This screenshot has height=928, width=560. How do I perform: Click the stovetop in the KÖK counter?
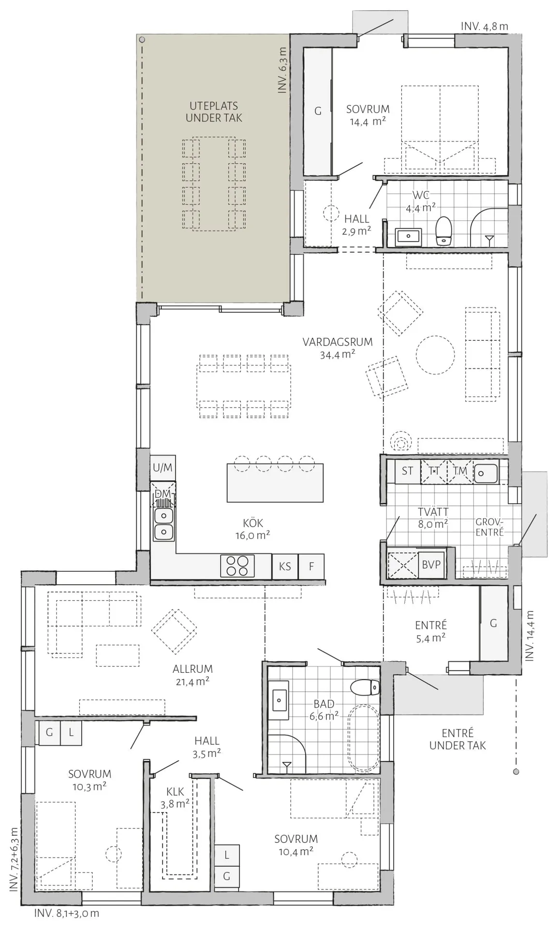237,565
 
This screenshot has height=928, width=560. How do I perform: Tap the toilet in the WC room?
443,231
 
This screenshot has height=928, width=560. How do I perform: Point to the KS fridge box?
285,566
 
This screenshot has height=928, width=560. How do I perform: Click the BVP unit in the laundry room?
431,564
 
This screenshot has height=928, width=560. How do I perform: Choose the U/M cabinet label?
162,467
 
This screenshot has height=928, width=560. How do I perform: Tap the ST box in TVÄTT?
407,471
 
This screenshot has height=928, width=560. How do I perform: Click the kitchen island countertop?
275,482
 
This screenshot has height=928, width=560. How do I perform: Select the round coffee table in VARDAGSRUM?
435,355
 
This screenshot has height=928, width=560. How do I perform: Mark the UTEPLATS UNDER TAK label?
214,112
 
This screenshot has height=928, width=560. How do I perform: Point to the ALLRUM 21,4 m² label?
192,675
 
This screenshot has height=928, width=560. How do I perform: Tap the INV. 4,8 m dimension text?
484,27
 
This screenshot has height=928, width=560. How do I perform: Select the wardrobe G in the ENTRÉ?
493,623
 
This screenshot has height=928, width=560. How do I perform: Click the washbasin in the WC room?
409,236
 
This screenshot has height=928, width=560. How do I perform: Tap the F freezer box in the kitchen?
311,566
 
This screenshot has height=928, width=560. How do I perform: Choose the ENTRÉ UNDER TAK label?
457,739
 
